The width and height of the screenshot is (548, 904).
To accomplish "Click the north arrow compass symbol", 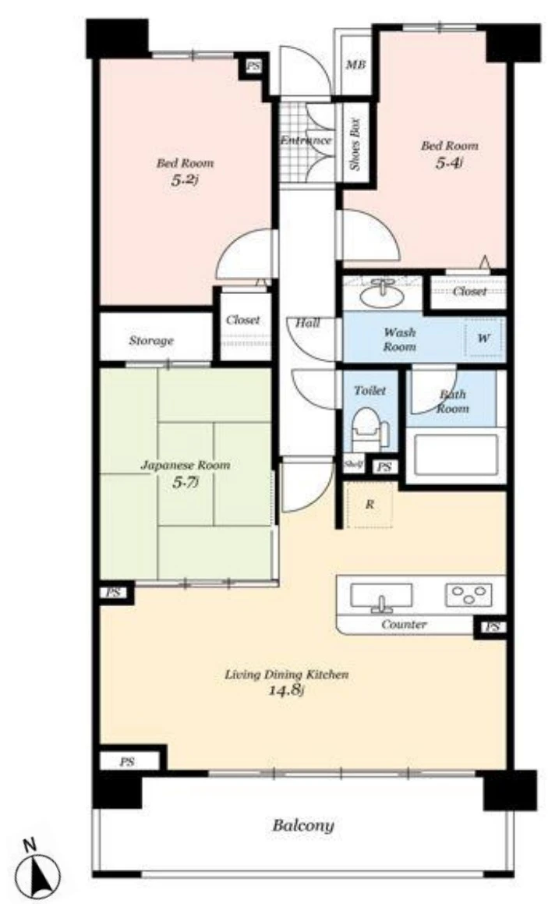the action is [37, 871].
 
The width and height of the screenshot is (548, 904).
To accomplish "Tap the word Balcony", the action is [302, 825].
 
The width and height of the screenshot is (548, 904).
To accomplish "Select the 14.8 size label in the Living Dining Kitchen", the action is [286, 690].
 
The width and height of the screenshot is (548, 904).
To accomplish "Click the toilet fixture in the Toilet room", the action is [369, 428].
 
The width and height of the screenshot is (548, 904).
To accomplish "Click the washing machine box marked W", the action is [483, 338].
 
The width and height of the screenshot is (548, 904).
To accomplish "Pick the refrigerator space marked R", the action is [370, 505].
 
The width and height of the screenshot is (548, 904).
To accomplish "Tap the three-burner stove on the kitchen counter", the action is [468, 595].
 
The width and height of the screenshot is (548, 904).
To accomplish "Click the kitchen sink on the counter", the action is [381, 597].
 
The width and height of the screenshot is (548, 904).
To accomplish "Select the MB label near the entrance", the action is [355, 66].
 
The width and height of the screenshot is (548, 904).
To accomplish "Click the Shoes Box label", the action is [355, 144].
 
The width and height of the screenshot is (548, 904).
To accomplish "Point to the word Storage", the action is [151, 341].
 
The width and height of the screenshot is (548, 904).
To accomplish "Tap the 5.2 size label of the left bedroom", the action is [184, 180].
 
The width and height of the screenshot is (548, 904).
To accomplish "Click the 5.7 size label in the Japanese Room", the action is [185, 482].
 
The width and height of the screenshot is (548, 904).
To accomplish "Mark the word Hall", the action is [308, 323].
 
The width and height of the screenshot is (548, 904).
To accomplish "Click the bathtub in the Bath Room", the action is [455, 454].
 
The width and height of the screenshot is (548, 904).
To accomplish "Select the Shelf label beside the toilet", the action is [352, 463].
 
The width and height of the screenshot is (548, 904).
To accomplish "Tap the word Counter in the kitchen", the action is [404, 625].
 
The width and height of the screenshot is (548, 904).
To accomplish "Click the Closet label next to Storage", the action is [242, 319].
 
